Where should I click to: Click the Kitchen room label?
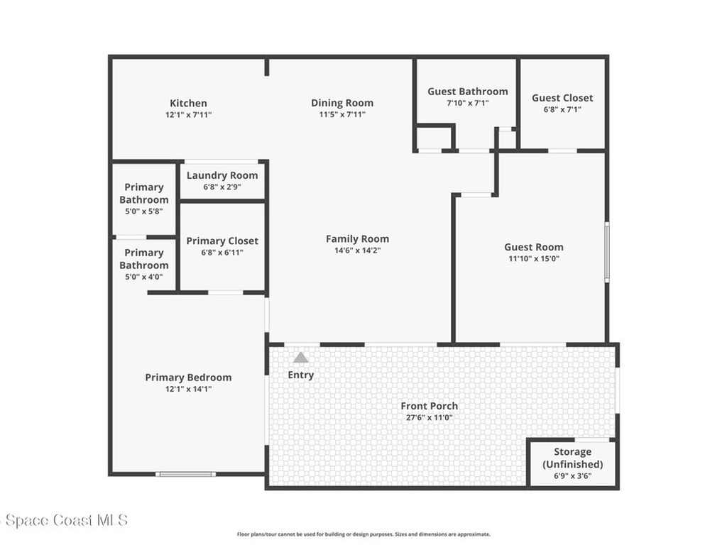point(188,103)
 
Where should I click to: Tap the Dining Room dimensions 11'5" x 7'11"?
point(342,114)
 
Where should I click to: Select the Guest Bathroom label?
point(467,92)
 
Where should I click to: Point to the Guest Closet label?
point(562,98)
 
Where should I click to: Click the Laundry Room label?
point(222,175)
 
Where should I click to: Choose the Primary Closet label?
point(222,241)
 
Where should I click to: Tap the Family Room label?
point(357,239)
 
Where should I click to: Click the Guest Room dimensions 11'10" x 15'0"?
point(534,259)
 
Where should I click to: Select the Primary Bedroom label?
point(188,378)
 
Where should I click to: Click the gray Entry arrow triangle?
point(301,358)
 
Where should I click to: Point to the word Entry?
point(301,375)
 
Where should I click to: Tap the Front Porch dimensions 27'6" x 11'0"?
point(429,418)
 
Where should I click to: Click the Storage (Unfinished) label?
point(572,458)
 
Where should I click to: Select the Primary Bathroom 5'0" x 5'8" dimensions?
point(144,211)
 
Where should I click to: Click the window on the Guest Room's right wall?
point(607,252)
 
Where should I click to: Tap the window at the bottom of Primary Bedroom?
point(185,474)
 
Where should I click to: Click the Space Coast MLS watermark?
point(64,520)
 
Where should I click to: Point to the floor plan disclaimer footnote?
point(363,534)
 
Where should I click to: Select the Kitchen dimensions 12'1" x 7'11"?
point(188,114)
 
